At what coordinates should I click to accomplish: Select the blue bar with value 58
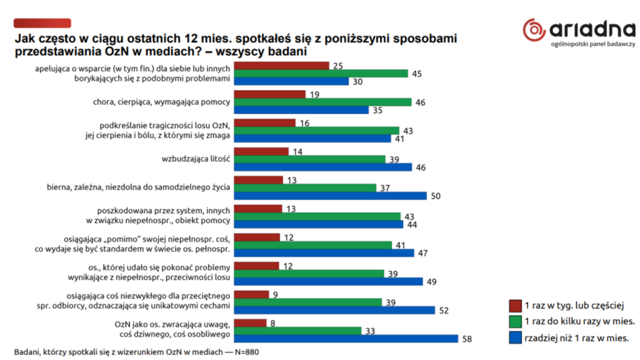pyautogui.click(x=349, y=339)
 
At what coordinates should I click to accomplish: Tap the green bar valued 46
pyautogui.click(x=326, y=102)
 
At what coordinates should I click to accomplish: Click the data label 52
pyautogui.click(x=444, y=311)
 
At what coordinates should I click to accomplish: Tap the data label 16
pyautogui.click(x=306, y=122)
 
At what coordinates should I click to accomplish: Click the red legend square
pyautogui.click(x=515, y=306)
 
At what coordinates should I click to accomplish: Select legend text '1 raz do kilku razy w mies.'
pyautogui.click(x=580, y=322)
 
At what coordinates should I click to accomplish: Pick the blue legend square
pyautogui.click(x=515, y=338)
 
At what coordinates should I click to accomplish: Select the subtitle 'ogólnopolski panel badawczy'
pyautogui.click(x=593, y=44)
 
